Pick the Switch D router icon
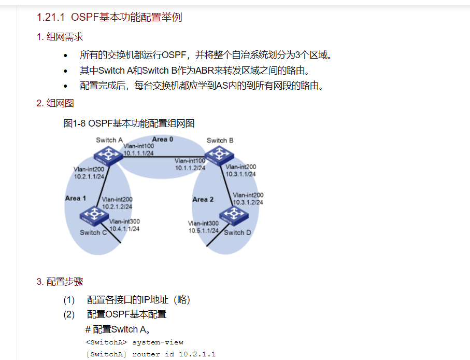coord(232,215)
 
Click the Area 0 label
coord(162,139)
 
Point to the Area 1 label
coord(76,198)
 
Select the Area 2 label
coord(203,199)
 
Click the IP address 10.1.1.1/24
coord(139,153)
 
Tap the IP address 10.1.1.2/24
coord(190,168)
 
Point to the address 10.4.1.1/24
coord(124,228)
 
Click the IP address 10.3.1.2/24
coord(248,202)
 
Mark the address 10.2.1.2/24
coord(117,206)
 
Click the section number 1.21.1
coord(50,17)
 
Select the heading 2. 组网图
coord(55,103)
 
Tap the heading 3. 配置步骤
coord(60,282)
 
